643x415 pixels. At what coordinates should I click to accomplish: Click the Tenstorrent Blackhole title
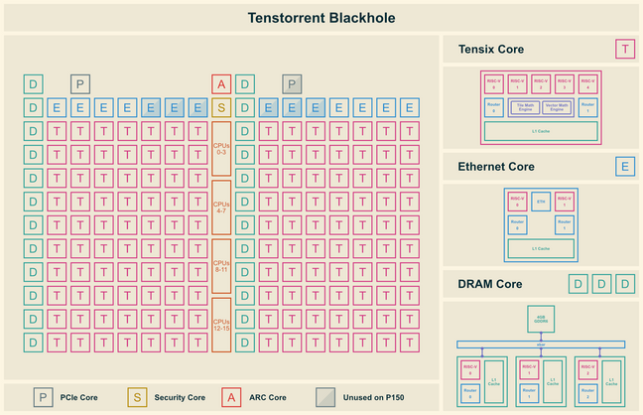321,17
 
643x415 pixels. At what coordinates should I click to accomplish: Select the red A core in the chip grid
221,84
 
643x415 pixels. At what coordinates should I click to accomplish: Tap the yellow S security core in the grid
221,107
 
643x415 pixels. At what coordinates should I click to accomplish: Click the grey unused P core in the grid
292,84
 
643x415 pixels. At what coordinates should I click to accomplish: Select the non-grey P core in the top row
80,84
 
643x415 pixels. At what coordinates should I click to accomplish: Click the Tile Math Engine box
527,106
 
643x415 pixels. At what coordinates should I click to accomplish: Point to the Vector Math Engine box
558,106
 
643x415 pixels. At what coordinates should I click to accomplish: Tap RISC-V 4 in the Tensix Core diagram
586,83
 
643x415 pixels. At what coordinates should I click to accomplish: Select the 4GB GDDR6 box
541,318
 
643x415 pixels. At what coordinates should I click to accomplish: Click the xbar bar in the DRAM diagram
541,345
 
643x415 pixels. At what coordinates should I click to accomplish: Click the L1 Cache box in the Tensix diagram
541,130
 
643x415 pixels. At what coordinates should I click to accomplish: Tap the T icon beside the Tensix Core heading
625,49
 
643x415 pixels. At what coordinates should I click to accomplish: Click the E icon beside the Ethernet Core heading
625,166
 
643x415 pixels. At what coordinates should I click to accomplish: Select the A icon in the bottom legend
231,397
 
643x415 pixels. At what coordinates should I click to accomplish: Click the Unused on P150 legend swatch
326,397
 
